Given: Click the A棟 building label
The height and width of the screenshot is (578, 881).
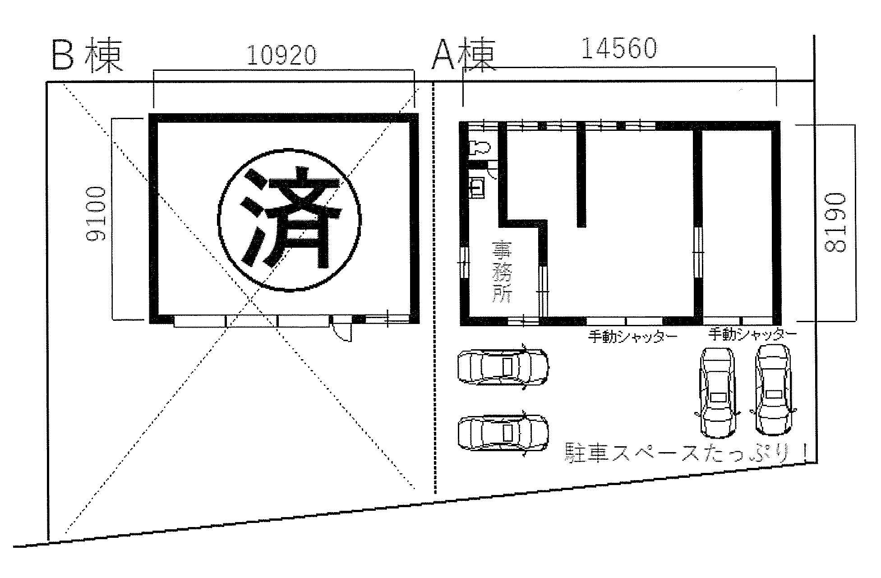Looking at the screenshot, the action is click(x=463, y=55).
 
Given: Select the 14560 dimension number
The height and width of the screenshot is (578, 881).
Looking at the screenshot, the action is click(x=618, y=48).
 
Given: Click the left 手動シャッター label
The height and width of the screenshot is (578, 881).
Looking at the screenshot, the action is click(x=632, y=337).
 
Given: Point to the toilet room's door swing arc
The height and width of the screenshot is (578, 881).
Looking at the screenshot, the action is click(x=494, y=174).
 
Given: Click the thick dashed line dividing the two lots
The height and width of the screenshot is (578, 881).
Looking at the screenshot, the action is click(x=434, y=288).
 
